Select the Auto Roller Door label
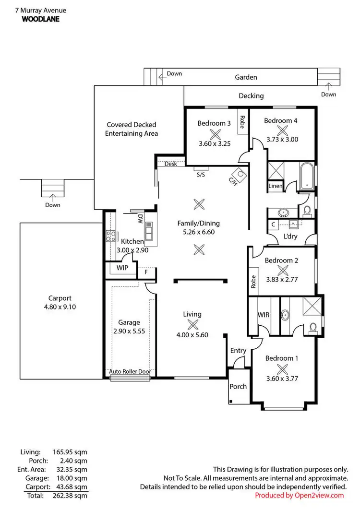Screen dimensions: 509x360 coord(130,371)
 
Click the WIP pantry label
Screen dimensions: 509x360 coord(122,268)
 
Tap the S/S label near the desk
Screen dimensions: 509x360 coord(201,175)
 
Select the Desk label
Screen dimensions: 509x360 coord(170,164)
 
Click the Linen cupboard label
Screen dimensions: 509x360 coord(275,186)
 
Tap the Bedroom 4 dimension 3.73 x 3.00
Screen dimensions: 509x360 coord(282,140)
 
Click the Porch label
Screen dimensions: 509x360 coord(238,386)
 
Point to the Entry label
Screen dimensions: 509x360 coord(238,351)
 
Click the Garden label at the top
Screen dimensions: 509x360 coord(246,77)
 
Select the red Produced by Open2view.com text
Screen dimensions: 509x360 coord(299,495)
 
